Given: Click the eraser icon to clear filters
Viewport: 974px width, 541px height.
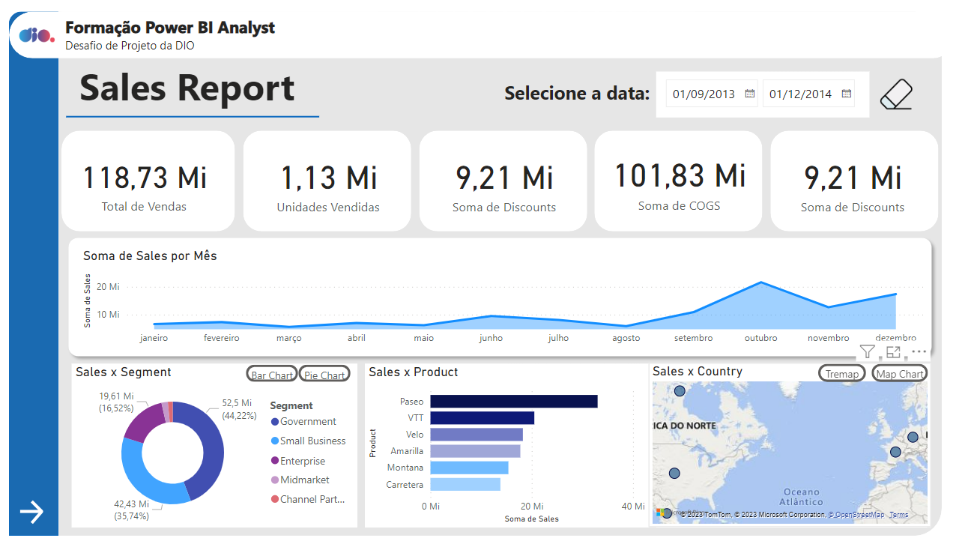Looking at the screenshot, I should click(x=896, y=95).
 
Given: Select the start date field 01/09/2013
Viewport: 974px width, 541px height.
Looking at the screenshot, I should click(x=704, y=94).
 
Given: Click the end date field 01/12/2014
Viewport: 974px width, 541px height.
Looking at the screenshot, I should click(x=800, y=94).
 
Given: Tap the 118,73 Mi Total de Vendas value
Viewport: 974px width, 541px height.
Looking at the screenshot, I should click(x=145, y=178).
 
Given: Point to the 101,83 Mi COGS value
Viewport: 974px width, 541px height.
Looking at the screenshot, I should click(x=680, y=175).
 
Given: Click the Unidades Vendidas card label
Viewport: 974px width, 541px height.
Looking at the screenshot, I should click(x=328, y=208).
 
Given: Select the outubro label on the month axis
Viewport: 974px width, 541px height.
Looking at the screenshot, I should click(x=760, y=338).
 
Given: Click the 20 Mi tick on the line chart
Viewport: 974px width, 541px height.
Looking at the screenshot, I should click(x=108, y=287).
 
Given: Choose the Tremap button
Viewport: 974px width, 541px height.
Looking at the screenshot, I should click(x=841, y=373).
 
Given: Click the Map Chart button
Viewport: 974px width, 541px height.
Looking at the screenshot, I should click(x=900, y=373).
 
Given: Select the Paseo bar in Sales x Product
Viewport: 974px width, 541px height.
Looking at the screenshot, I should click(x=513, y=402).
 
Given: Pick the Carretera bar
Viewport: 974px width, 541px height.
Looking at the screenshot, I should click(x=465, y=485).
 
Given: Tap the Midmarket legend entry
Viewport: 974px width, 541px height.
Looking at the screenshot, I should click(x=304, y=480).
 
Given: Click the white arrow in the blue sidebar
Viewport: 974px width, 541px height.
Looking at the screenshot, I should click(x=32, y=512).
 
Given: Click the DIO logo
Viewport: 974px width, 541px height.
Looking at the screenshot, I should click(x=36, y=35).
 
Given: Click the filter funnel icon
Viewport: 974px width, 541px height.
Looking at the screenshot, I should click(x=867, y=351).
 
